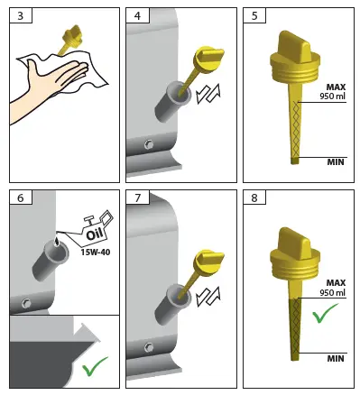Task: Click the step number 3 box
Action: [x=19, y=16]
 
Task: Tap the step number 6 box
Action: [x=19, y=197]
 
